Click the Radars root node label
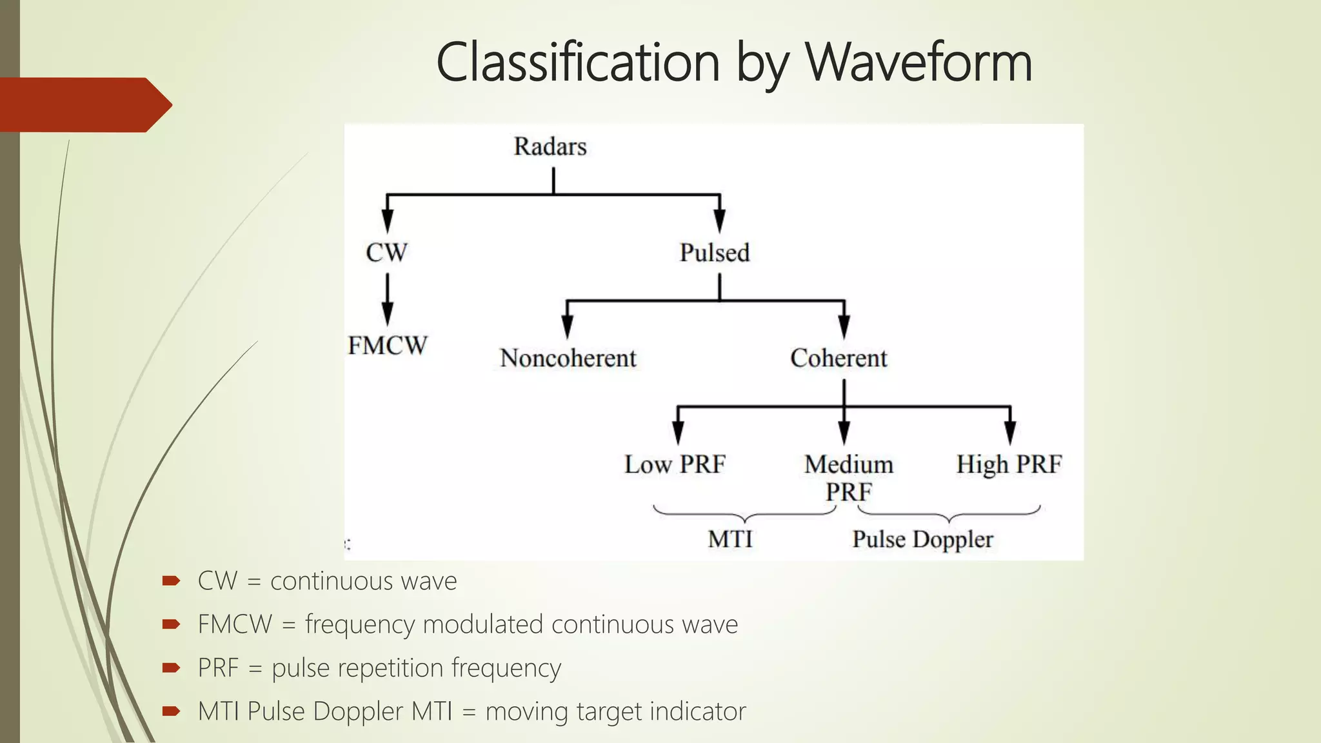550,146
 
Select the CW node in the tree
386,252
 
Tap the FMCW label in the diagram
387,346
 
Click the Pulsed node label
715,252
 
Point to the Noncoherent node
568,358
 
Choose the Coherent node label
839,358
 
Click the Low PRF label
675,464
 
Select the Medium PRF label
849,477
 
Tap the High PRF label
1009,464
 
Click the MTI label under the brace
730,539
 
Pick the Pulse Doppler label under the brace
922,539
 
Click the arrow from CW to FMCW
387,300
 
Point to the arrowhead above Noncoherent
567,326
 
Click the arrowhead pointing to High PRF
1010,432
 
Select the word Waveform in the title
919,63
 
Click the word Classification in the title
578,63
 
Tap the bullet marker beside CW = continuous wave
171,580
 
